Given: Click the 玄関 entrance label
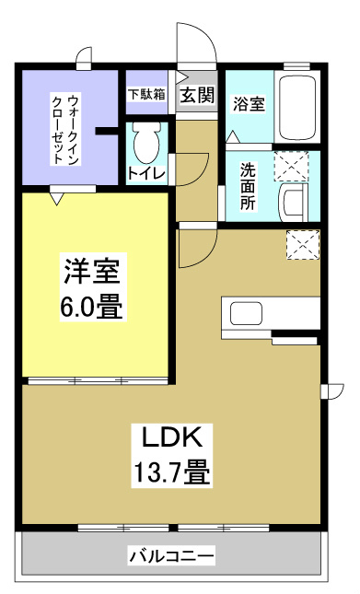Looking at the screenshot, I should (196, 95).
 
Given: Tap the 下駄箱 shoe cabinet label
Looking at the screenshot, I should (145, 94).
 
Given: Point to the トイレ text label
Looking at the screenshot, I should (145, 171).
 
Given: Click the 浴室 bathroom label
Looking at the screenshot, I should (249, 103).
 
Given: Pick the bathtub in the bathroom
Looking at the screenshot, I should (297, 109).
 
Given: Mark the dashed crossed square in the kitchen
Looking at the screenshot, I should (300, 244).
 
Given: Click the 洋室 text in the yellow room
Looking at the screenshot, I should (93, 272).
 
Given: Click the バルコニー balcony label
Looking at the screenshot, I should (171, 556).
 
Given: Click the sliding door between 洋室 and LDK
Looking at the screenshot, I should (97, 379).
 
